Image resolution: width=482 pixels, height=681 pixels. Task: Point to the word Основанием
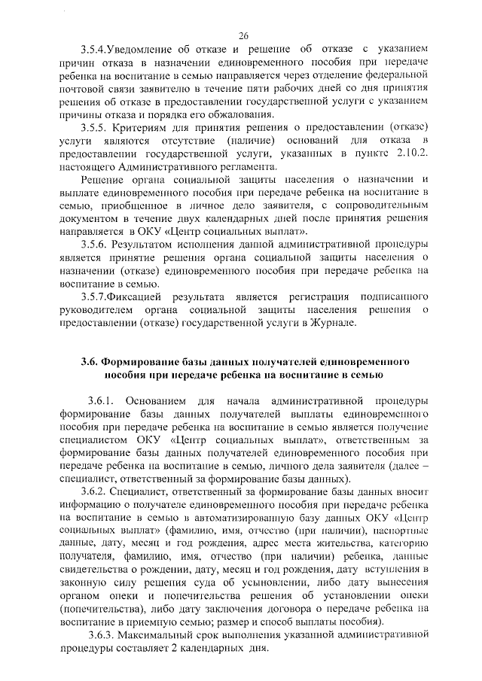(160, 400)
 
